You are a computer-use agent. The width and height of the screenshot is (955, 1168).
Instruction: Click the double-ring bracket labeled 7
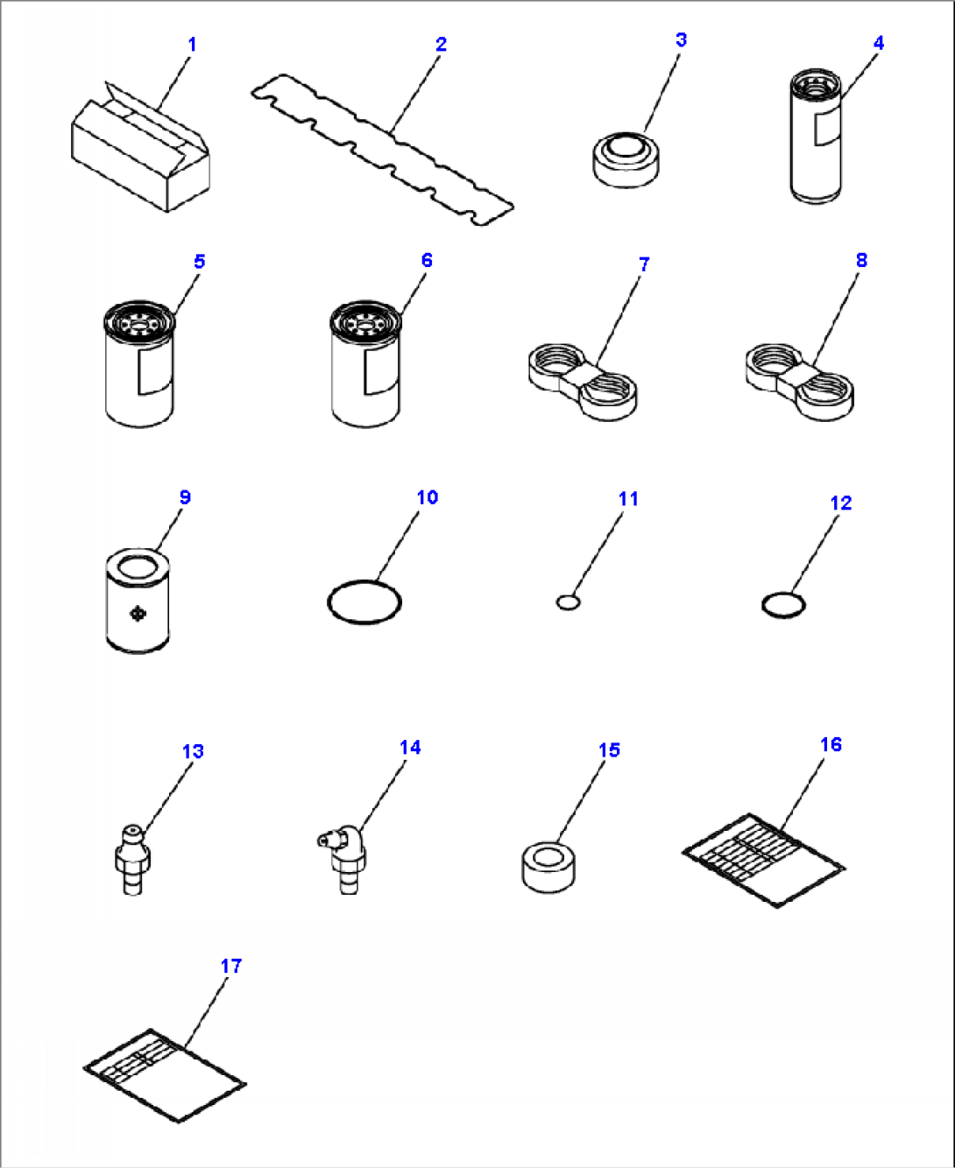point(583,382)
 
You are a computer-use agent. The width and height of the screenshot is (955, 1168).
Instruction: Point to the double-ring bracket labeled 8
point(799,382)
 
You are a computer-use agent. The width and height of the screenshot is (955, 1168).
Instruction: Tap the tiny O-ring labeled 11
point(568,602)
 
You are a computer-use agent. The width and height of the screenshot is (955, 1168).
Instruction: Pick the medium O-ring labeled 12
point(783,604)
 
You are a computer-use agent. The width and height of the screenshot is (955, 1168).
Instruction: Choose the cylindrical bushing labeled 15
point(548,866)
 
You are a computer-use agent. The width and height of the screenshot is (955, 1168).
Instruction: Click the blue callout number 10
point(427,497)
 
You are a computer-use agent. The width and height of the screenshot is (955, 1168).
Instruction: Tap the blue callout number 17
point(230,966)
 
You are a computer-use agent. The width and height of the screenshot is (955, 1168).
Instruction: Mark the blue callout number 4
point(878,43)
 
